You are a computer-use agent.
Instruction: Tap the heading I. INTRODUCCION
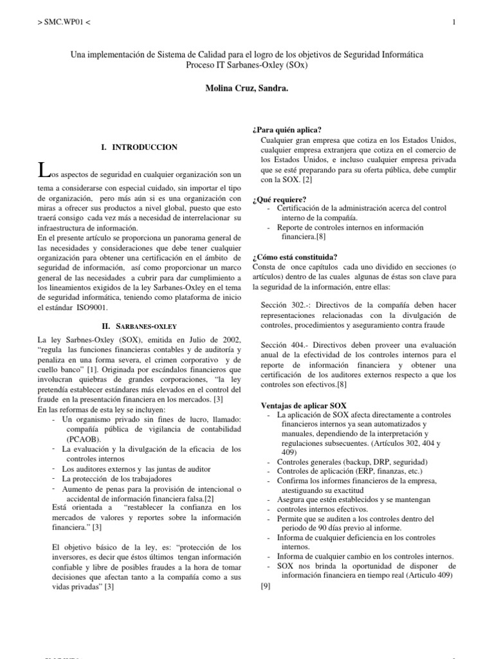(140, 147)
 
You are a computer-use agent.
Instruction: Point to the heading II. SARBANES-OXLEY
(140, 326)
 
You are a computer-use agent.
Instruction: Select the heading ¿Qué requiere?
(279, 198)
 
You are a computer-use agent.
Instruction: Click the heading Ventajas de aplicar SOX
(304, 405)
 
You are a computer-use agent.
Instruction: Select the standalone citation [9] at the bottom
(266, 586)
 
